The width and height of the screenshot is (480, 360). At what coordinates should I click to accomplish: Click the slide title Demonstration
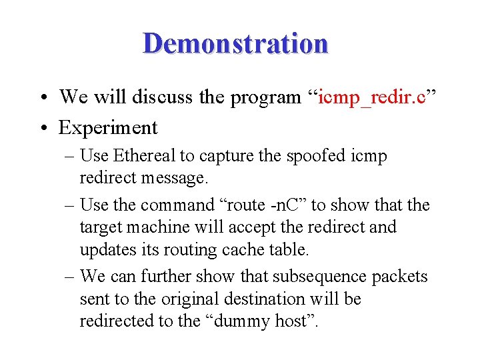click(x=235, y=43)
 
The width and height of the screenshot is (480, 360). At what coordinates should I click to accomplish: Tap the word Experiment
click(x=108, y=127)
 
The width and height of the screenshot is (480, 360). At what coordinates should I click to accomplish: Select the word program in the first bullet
click(x=265, y=98)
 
